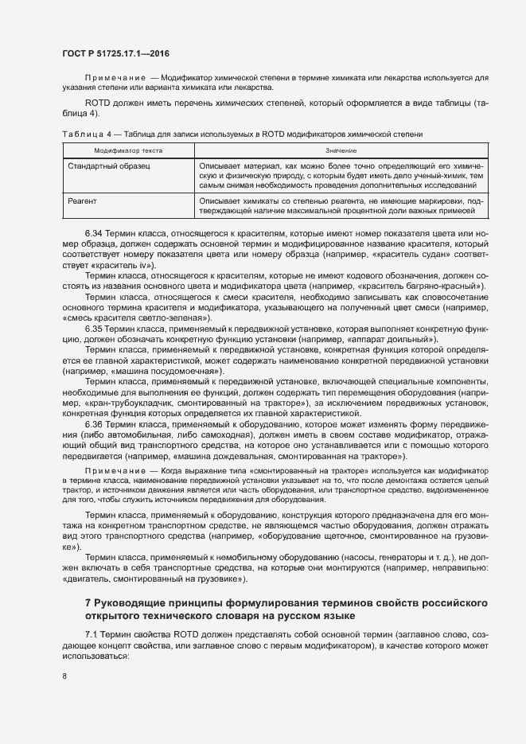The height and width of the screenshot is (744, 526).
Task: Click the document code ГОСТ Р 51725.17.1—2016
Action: coord(115,51)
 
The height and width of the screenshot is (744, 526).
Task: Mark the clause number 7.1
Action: coord(92,611)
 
